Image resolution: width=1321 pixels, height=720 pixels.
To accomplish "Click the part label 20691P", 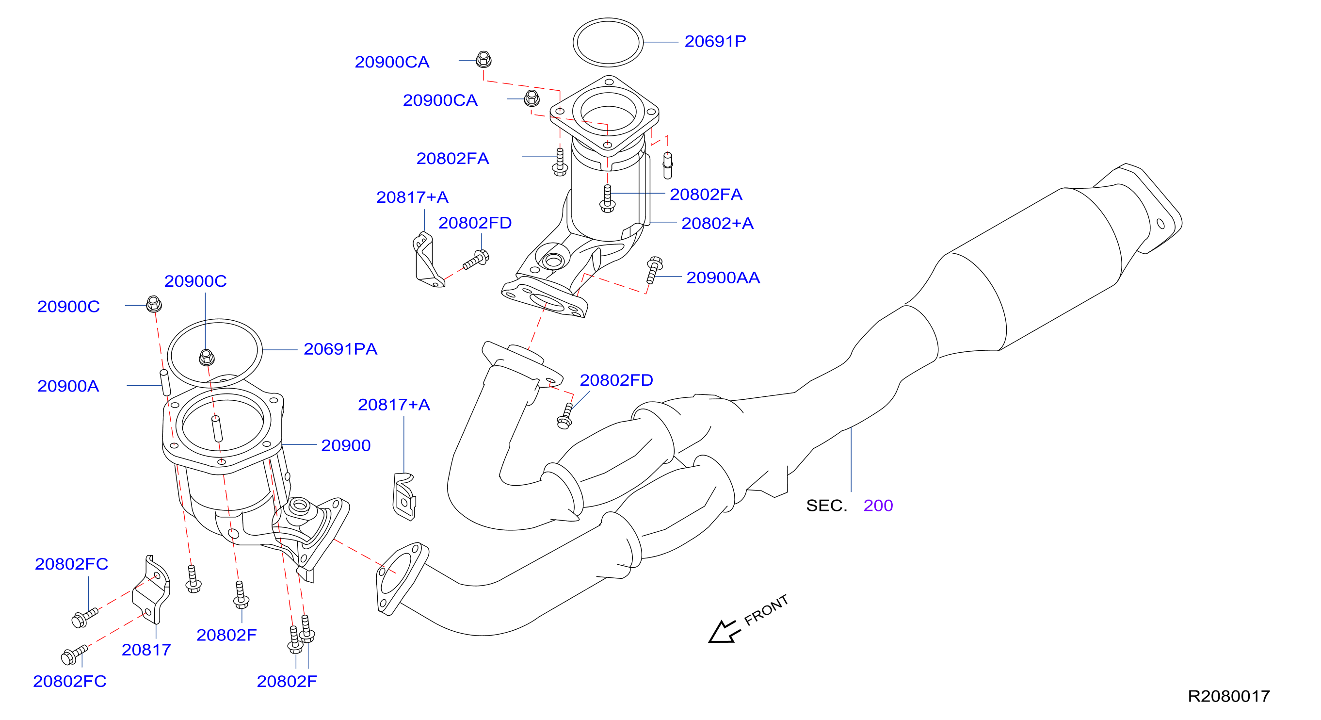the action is coord(715,42).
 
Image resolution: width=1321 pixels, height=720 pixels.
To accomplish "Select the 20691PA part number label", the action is coord(340,349).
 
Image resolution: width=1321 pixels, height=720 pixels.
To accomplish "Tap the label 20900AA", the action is coord(723,278).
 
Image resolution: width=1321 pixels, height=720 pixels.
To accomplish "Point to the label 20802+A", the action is coord(717,223).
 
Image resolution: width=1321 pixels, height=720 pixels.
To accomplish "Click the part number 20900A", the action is coord(68,386).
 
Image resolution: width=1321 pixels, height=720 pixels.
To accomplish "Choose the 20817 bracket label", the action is coord(146,650).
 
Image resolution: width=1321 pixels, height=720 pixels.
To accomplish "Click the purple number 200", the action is coord(878,506).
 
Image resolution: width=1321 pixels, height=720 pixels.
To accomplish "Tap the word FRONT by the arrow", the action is coord(766,610).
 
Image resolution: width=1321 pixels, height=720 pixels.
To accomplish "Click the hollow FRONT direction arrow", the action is coord(725,632).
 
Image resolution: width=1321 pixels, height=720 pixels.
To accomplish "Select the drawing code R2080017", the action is coord(1229,696).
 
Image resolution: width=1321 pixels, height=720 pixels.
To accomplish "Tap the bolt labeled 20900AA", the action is coord(653,270).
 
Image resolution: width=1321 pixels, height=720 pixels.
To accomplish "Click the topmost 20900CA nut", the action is coord(483,60).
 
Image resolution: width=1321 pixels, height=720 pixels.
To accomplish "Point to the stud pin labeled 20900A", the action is coord(165,382).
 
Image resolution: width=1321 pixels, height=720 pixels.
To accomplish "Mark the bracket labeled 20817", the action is coord(151,590).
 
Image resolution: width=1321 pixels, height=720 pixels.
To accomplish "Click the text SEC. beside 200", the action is coord(826,506).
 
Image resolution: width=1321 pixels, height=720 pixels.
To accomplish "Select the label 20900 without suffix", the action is coord(346,445).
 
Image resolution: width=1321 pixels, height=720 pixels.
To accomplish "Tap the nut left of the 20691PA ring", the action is coord(154,304).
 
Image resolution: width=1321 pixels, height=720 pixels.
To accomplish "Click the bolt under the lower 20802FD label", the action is coord(565,416).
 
